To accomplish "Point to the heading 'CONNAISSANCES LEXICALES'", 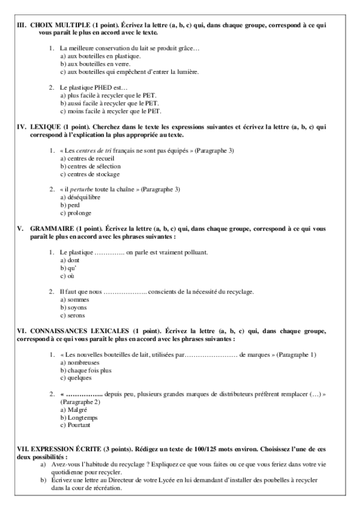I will click(74, 331).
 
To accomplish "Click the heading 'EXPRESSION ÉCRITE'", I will click(56, 449).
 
